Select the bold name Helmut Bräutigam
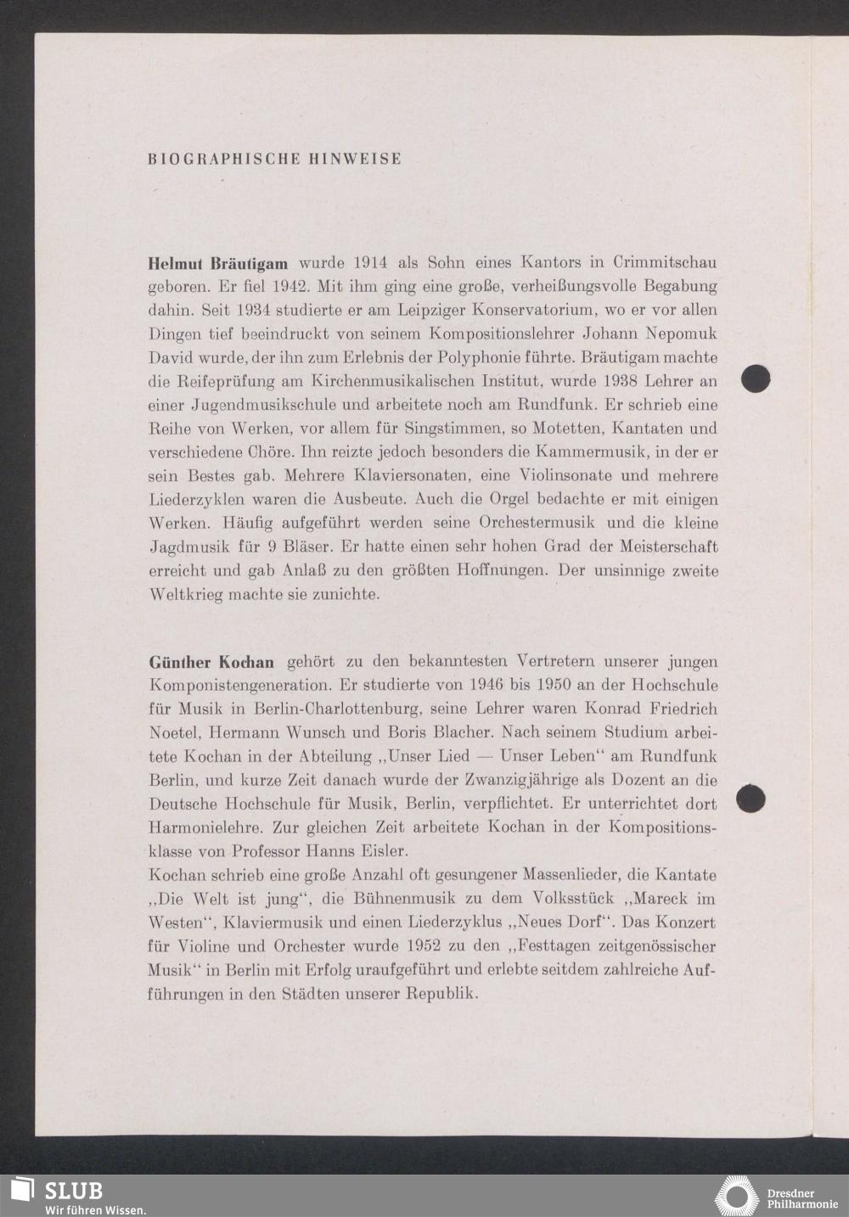tap(218, 263)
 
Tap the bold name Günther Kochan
tap(212, 661)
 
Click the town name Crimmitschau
tap(665, 262)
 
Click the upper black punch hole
tap(756, 379)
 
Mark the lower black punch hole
tap(751, 799)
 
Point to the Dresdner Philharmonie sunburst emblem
tap(736, 1196)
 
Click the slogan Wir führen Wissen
tap(95, 1209)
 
